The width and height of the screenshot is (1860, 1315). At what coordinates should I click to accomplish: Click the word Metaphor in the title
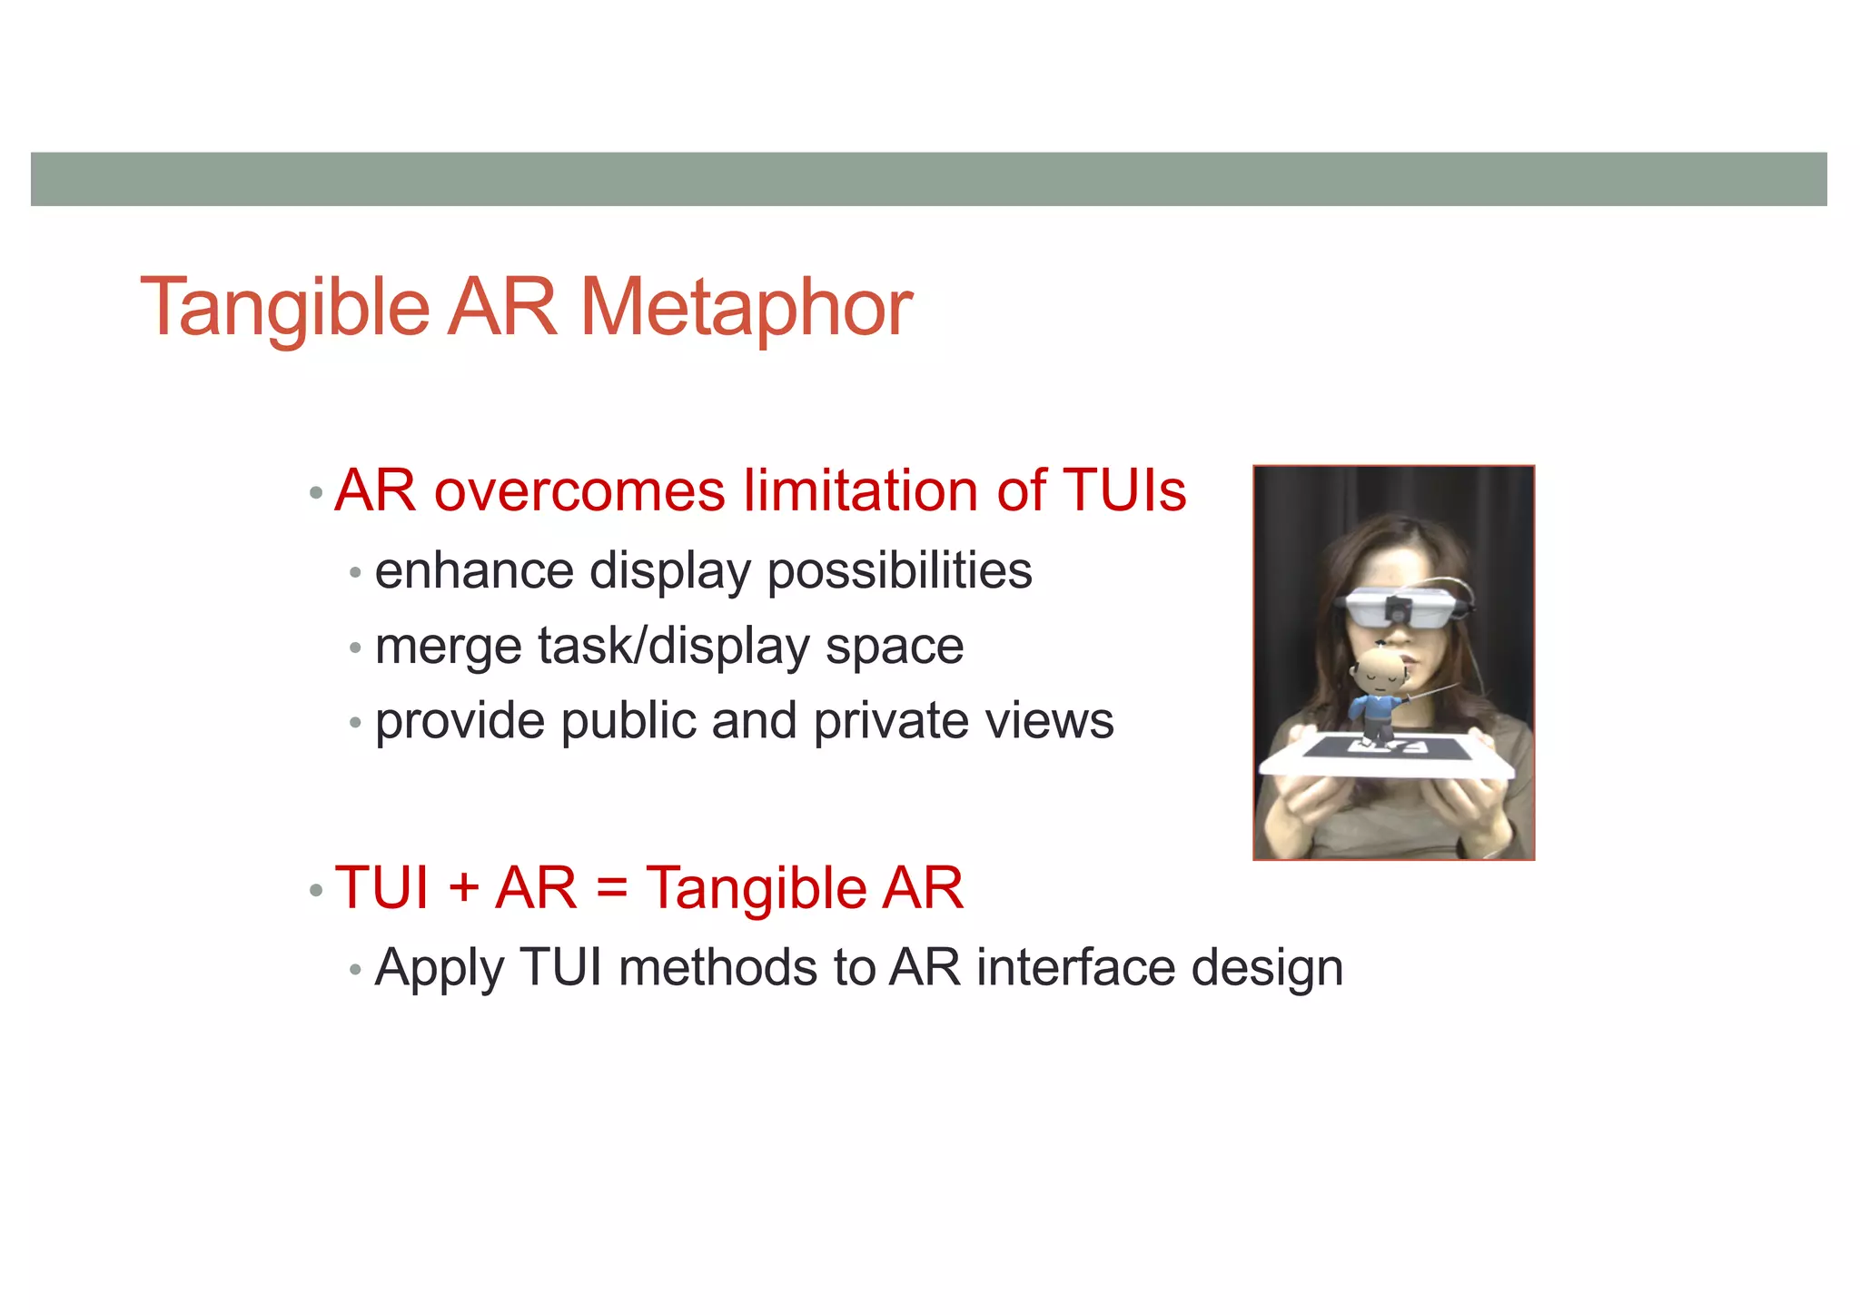(x=746, y=309)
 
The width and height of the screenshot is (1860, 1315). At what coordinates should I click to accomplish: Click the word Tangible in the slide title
(x=284, y=309)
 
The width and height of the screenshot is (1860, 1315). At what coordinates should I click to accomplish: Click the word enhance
(x=474, y=571)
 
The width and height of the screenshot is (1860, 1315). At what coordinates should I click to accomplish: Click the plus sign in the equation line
(x=463, y=888)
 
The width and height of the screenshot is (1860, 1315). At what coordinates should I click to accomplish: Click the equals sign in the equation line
(x=612, y=889)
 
